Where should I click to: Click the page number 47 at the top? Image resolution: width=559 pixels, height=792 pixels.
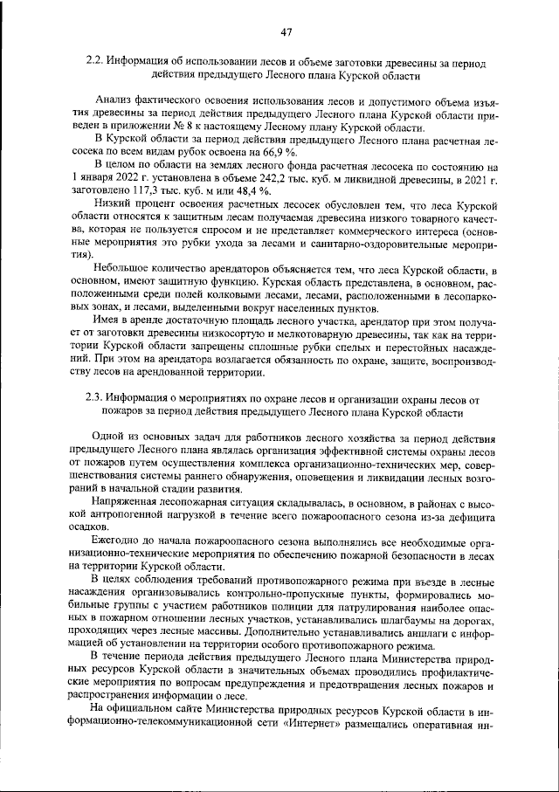tap(285, 32)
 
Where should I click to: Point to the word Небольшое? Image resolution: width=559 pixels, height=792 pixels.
tap(122, 266)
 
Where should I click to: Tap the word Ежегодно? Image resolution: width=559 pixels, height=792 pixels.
tap(118, 542)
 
